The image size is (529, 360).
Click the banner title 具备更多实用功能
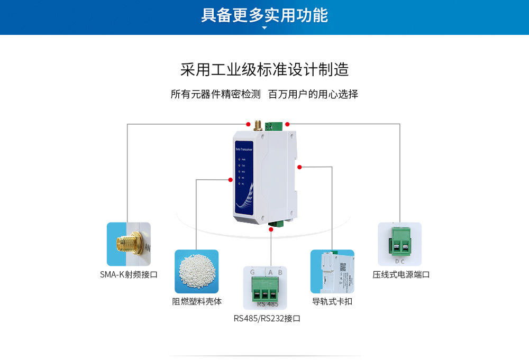point(264,15)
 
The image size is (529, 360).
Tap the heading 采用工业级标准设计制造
point(264,70)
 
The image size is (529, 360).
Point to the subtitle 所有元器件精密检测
point(216,95)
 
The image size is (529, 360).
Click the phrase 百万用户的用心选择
point(313,95)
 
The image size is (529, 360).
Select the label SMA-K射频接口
point(129,274)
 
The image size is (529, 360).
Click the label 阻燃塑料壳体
point(197,302)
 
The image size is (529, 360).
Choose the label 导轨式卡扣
point(332,302)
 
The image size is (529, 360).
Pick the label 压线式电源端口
point(401,274)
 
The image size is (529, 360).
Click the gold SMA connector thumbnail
point(129,244)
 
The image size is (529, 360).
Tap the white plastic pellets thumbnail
point(197,271)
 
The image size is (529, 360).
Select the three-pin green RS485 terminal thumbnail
point(265,288)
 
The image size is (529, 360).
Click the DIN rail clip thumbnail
point(332,271)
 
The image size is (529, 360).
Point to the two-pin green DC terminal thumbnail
point(399,244)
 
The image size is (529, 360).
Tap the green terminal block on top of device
point(275,126)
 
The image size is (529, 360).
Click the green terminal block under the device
point(276,224)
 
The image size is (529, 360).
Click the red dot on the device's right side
point(299,167)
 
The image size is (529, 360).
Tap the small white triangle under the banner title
point(264,27)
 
